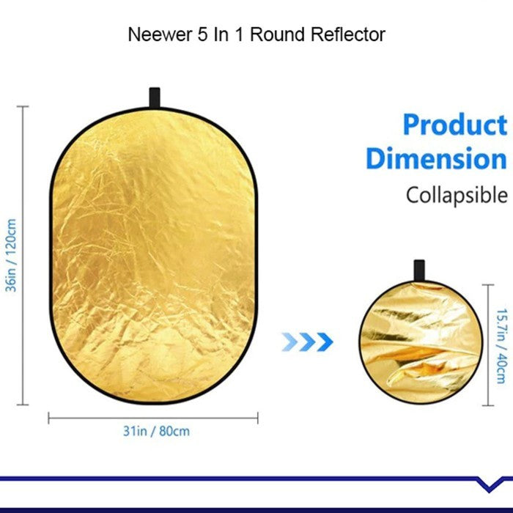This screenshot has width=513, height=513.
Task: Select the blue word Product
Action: click(x=454, y=125)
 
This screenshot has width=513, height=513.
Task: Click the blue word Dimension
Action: click(x=436, y=158)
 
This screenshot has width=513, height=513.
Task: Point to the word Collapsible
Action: click(x=457, y=196)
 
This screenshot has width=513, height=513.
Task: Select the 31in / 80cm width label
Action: click(x=155, y=431)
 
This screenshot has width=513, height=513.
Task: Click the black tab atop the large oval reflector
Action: click(x=155, y=97)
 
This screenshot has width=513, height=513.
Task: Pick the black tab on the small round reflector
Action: click(x=419, y=269)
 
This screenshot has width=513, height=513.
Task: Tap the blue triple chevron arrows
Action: click(x=307, y=341)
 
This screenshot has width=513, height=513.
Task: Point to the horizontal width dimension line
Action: click(x=153, y=418)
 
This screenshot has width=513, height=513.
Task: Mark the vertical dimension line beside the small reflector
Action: click(x=487, y=344)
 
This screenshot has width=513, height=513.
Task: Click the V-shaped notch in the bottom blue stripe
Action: click(x=487, y=484)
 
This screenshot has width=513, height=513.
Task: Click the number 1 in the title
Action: click(x=237, y=34)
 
